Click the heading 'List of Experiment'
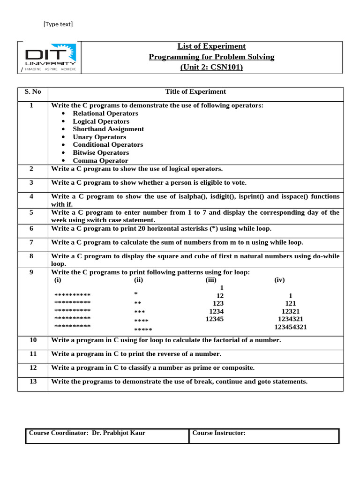(211, 46)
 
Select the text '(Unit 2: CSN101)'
(211, 67)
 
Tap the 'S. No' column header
(33, 92)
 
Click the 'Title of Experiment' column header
(195, 92)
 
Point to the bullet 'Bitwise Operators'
(100, 153)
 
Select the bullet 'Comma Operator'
(100, 161)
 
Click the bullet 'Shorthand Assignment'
(108, 129)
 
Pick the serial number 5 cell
(31, 212)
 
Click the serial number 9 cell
(31, 272)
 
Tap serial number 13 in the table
(33, 382)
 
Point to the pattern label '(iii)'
(211, 280)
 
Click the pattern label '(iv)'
(279, 280)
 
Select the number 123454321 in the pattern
(291, 327)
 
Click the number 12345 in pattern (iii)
(215, 319)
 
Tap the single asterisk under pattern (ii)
(136, 294)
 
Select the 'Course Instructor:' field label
(219, 433)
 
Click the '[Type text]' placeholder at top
(58, 24)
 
